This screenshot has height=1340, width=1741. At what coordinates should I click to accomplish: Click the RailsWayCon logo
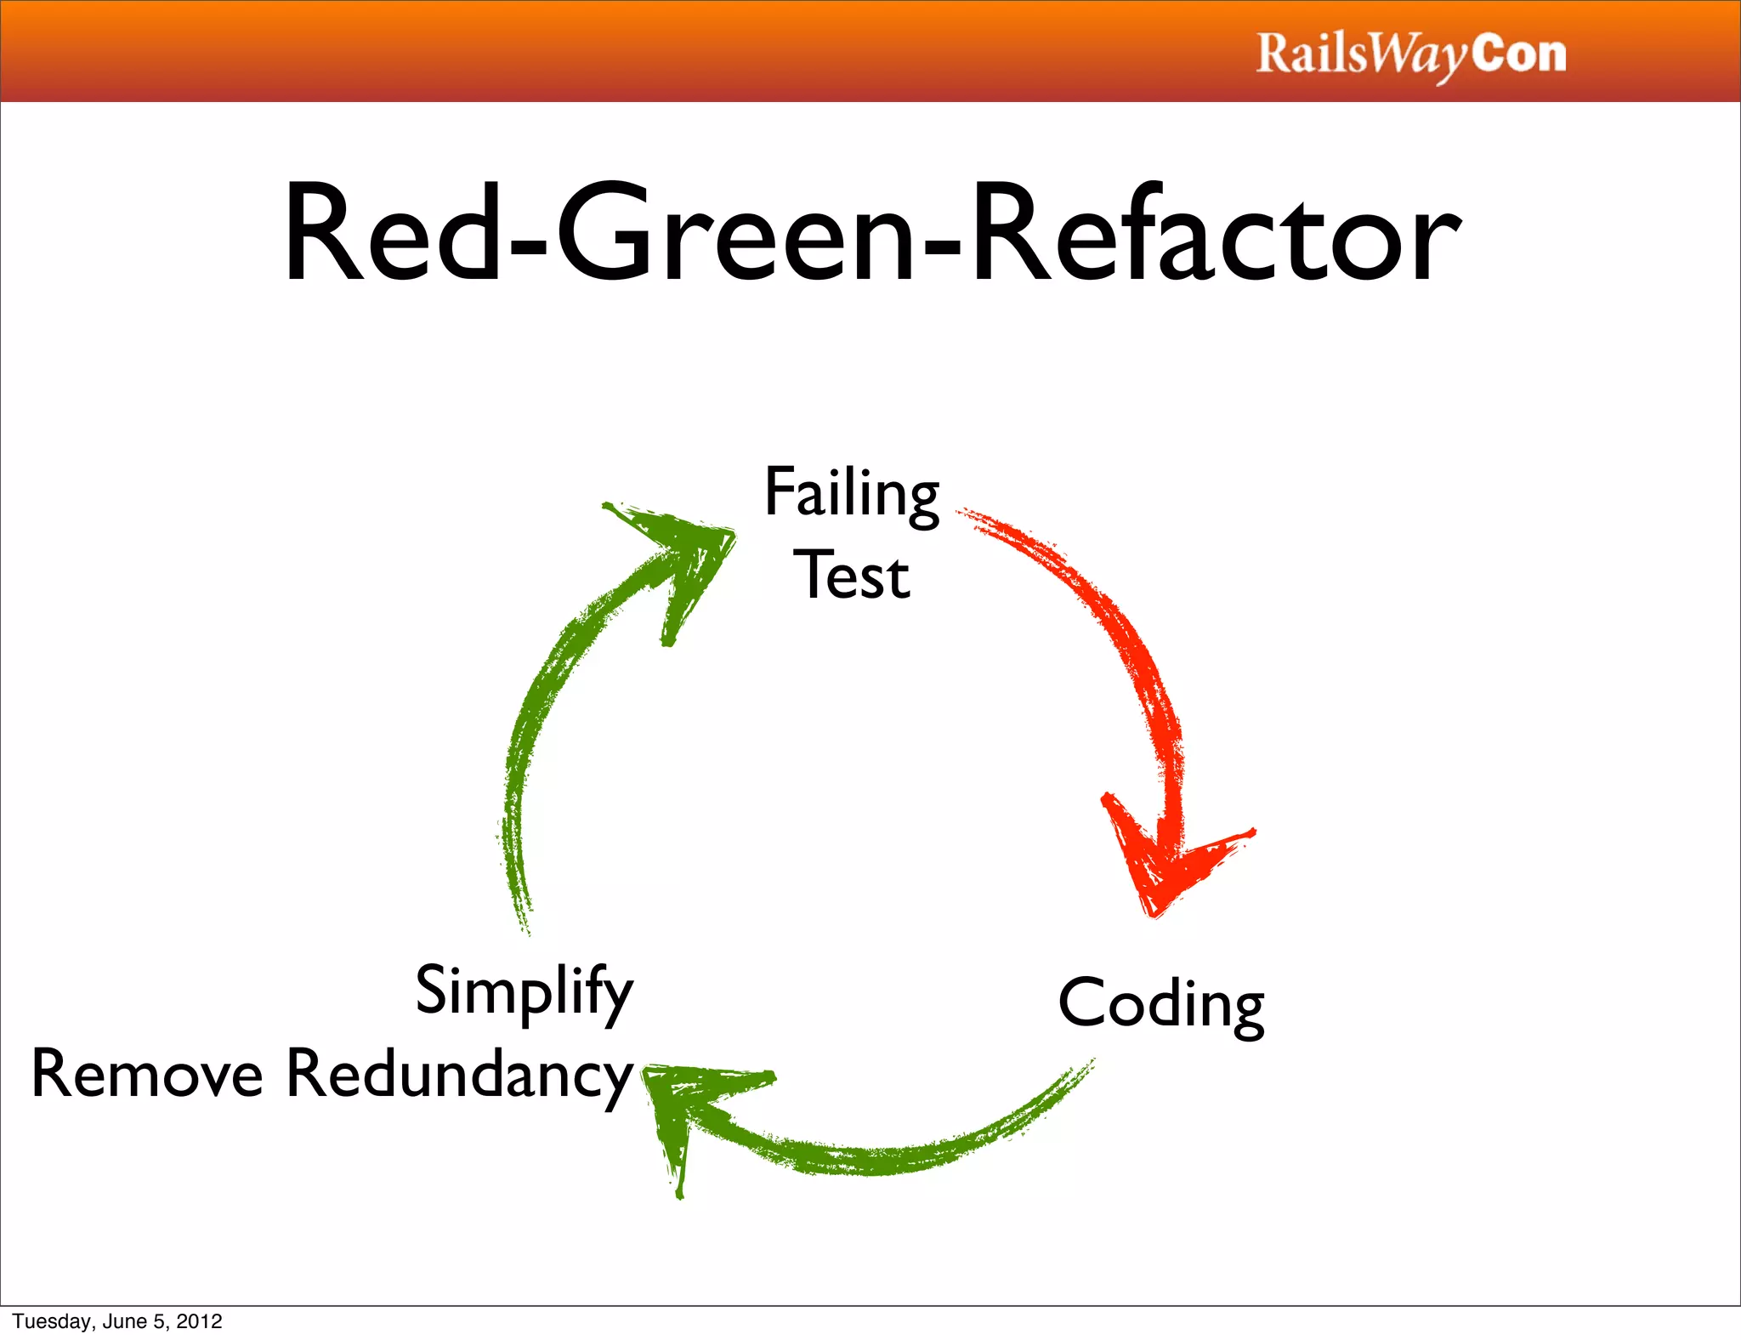pyautogui.click(x=1411, y=54)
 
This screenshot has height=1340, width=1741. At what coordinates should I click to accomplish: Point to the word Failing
pyautogui.click(x=851, y=493)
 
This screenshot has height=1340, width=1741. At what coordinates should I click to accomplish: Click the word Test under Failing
pyautogui.click(x=851, y=576)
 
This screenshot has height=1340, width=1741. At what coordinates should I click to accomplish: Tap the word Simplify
pyautogui.click(x=524, y=991)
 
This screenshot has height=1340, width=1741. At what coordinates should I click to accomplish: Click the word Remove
pyautogui.click(x=146, y=1074)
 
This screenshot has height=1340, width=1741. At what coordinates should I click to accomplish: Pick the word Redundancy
pyautogui.click(x=459, y=1074)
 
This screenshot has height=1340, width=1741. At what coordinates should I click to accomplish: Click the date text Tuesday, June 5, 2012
pyautogui.click(x=117, y=1321)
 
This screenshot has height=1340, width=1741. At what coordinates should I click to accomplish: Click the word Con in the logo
pyautogui.click(x=1518, y=53)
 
